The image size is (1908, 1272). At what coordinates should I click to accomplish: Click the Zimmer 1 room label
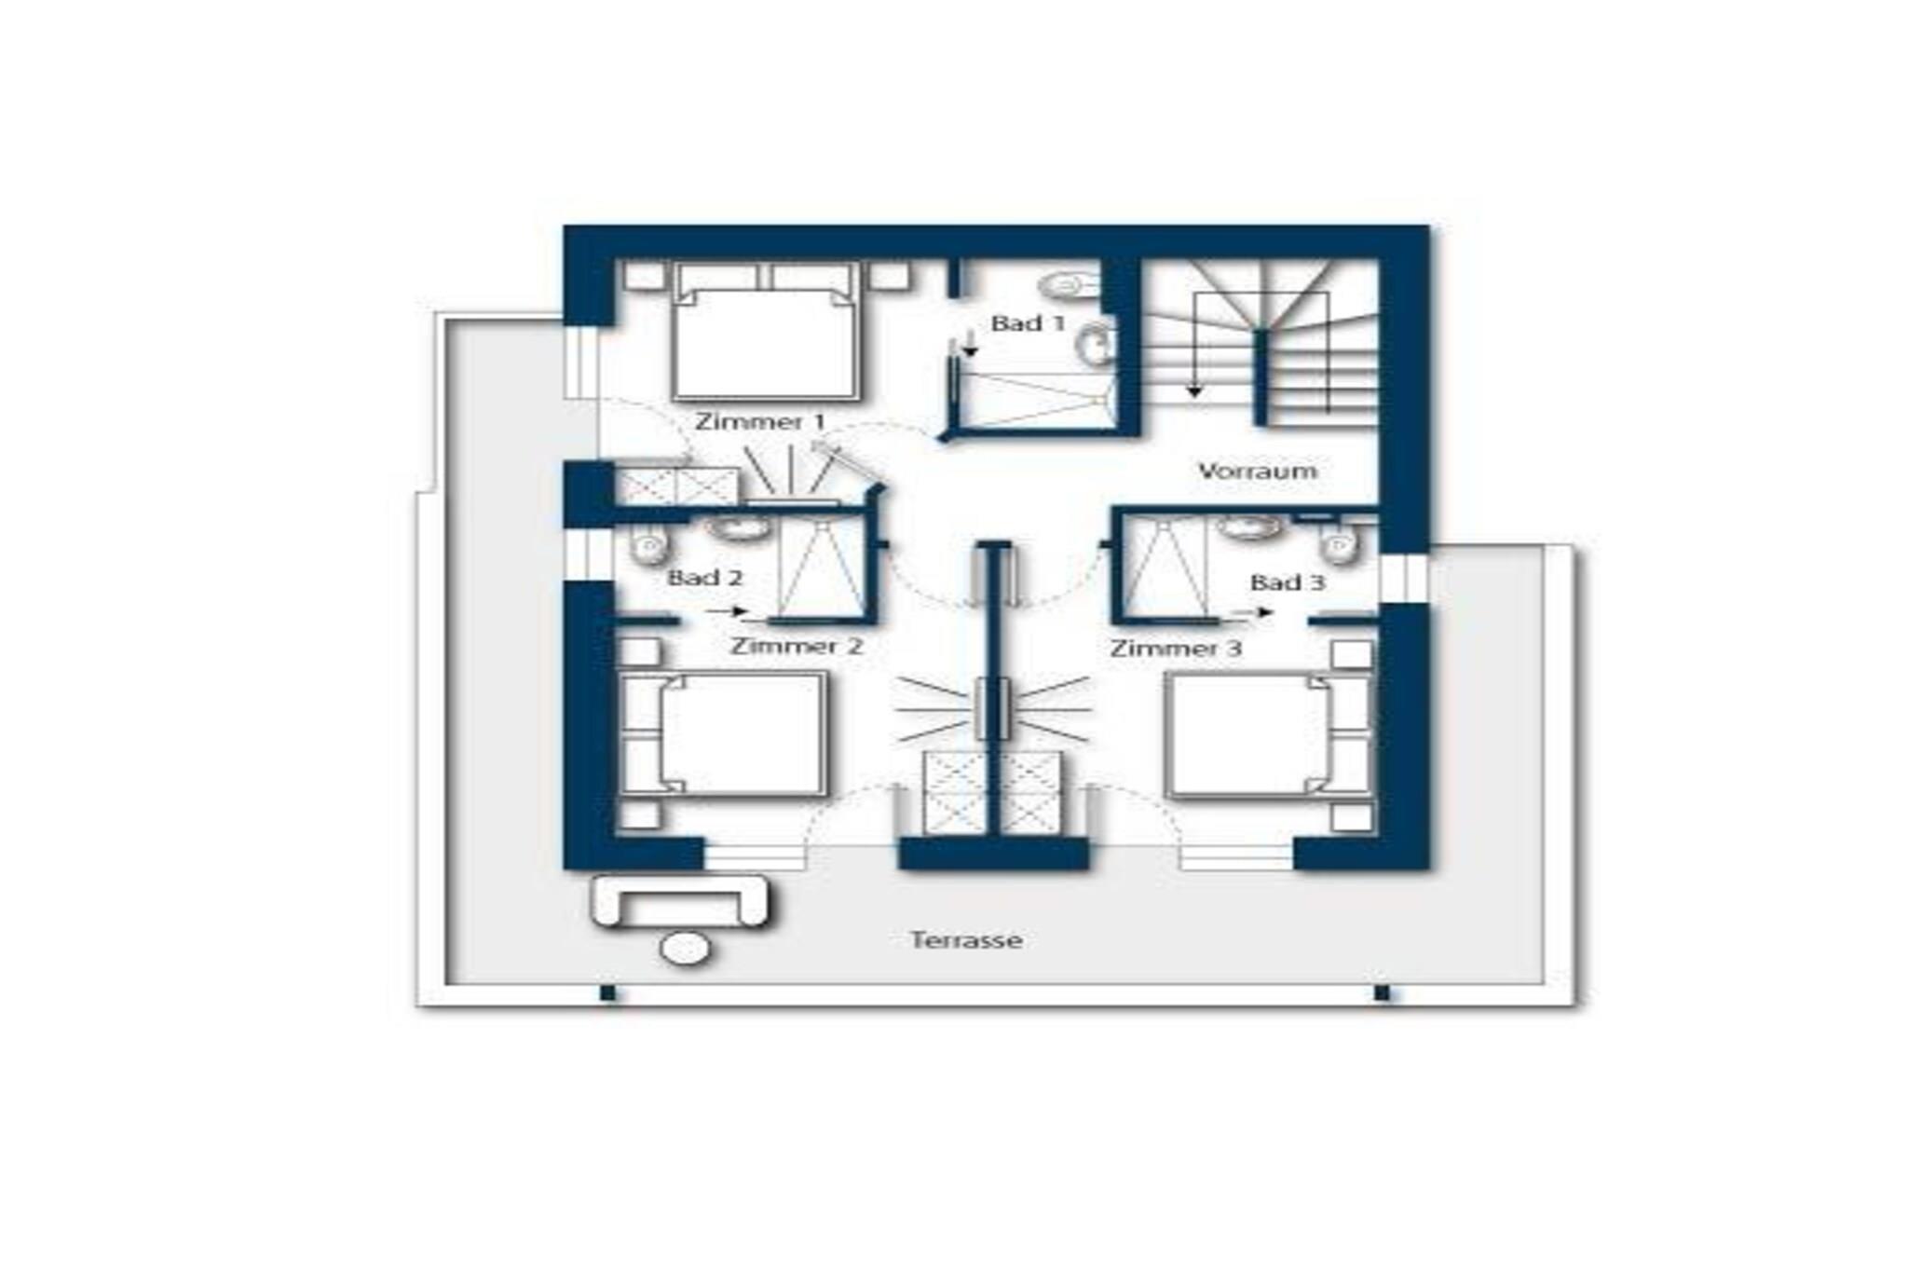pos(760,421)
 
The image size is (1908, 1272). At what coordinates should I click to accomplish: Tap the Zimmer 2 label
pos(797,646)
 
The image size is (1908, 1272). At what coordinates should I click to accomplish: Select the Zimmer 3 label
pos(1176,648)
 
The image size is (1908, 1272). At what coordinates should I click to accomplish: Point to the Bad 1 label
pos(1028,323)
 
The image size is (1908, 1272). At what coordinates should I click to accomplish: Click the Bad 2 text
pos(705,578)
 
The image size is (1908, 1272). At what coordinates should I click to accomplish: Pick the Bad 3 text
pos(1287,583)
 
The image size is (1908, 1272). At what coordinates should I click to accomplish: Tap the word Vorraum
pos(1258,471)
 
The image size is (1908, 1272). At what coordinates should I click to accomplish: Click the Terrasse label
pos(966,939)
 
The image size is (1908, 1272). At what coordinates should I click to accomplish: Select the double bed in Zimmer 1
pos(764,332)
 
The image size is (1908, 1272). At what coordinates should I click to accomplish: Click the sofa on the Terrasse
pos(681,901)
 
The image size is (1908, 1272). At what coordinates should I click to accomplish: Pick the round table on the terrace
pos(685,949)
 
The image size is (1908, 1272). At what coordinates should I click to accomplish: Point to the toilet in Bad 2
pos(649,543)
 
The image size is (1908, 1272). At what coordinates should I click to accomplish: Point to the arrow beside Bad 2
pos(728,611)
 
